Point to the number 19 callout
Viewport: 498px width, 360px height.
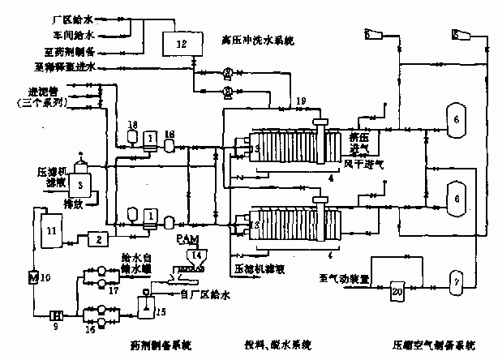(301, 100)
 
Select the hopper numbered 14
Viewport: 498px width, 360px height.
(193, 255)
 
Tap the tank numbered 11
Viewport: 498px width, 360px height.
(50, 229)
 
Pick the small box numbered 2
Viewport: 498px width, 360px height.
(96, 239)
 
